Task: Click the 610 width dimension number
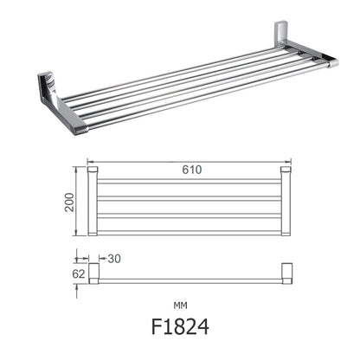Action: click(191, 170)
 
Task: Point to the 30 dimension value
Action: click(115, 258)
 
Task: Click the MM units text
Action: click(180, 305)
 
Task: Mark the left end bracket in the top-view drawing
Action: click(93, 200)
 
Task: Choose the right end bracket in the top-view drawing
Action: click(285, 200)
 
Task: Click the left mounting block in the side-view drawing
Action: click(93, 274)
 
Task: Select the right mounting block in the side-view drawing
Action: click(285, 274)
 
